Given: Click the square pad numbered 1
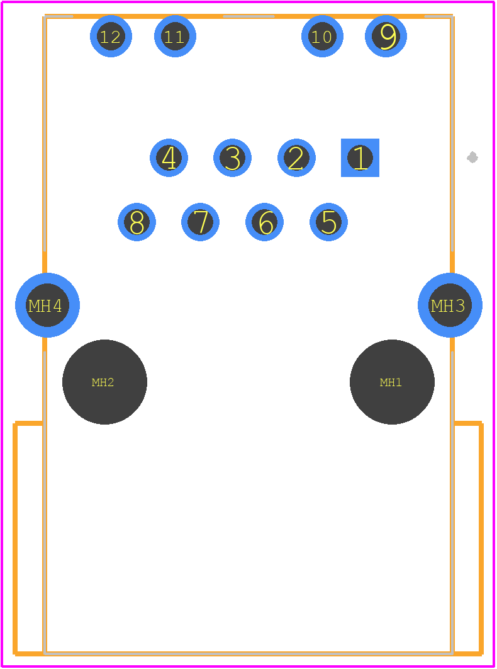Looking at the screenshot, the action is click(x=360, y=157).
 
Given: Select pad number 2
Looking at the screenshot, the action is click(x=296, y=157).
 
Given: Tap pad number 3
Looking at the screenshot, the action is click(x=232, y=157).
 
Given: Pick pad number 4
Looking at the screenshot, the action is click(x=169, y=157).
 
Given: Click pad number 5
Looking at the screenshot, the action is click(x=328, y=222).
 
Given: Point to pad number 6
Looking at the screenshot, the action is click(x=264, y=222).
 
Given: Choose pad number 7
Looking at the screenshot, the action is click(x=200, y=222).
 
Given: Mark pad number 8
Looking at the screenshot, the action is click(x=137, y=222).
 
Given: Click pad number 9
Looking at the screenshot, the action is click(x=386, y=37).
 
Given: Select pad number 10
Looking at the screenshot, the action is click(x=322, y=37).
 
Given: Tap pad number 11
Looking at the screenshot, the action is click(x=175, y=37).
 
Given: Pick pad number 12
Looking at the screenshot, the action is click(x=111, y=37).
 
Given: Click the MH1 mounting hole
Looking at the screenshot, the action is click(x=392, y=382).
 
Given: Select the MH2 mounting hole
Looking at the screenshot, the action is click(x=105, y=382).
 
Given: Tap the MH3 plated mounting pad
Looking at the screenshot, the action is click(x=450, y=305).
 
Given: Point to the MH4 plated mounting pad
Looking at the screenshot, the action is click(x=47, y=305).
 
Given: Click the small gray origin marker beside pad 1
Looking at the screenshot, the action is click(x=472, y=157).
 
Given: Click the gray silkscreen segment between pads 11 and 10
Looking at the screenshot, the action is click(x=248, y=16).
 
